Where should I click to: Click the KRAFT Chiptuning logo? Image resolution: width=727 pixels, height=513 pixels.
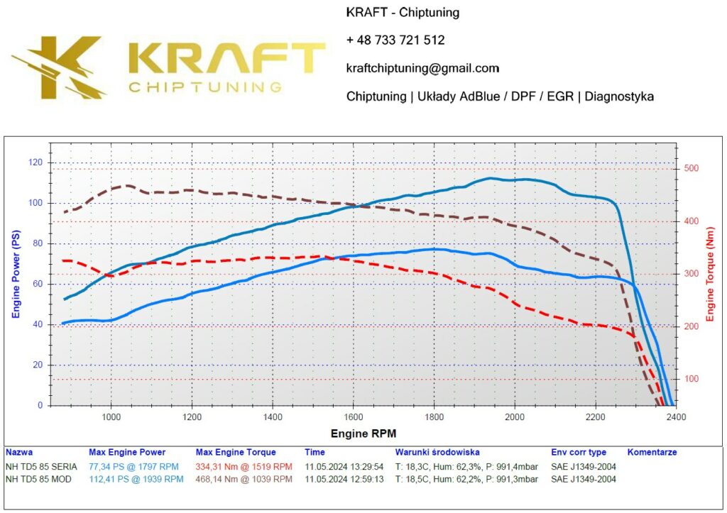coord(168,66)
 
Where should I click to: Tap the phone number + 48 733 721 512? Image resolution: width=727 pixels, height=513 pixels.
coord(395,40)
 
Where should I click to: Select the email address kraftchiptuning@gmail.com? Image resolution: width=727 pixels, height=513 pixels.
coord(422,68)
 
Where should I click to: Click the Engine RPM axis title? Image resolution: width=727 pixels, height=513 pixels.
coord(363,433)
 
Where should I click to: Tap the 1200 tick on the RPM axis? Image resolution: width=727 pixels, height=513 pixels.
coord(192,417)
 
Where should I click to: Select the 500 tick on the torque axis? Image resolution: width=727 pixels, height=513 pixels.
coord(691,168)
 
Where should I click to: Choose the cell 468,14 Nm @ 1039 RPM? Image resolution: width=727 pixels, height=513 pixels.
coord(244,479)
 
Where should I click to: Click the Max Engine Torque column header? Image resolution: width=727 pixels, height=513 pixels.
coord(235,452)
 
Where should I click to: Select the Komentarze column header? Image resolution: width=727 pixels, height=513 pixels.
coord(652,452)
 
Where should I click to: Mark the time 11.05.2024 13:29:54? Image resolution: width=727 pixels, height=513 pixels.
coord(344,466)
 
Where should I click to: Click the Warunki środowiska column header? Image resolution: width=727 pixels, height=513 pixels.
coord(437,452)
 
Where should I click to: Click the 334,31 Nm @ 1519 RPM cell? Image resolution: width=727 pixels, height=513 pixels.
coord(244,466)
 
